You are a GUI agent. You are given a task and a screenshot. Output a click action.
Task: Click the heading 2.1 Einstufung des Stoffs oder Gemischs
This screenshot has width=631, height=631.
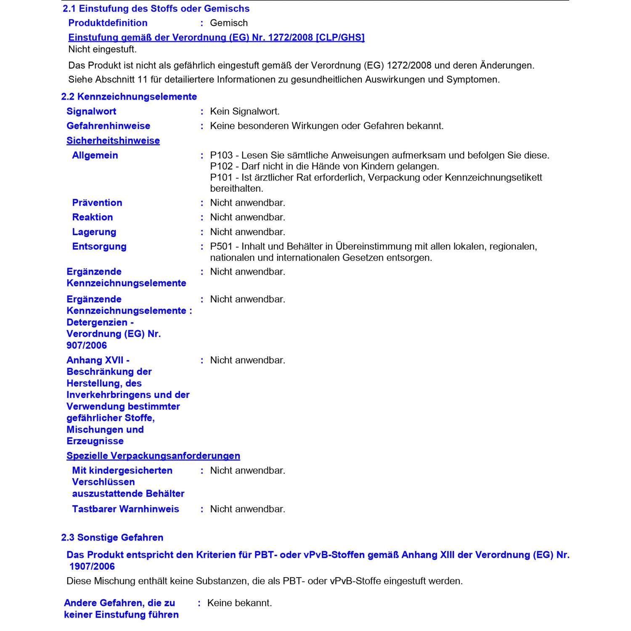156,8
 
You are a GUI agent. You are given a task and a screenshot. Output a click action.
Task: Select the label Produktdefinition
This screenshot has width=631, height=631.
108,23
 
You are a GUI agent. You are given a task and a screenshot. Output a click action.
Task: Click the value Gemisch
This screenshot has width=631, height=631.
229,23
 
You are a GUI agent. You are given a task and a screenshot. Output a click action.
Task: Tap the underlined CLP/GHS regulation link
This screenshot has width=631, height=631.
216,37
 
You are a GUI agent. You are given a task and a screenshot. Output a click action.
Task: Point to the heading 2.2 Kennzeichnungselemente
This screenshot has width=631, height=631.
129,97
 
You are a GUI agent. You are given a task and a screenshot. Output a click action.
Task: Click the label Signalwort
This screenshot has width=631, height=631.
91,111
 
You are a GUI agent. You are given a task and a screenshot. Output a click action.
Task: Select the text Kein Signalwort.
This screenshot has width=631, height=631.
245,111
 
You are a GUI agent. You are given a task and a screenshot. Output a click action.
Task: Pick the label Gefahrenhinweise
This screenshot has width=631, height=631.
108,126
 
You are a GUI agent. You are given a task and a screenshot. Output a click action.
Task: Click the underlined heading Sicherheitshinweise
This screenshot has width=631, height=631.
113,141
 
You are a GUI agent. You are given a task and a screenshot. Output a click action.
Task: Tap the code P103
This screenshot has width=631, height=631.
221,155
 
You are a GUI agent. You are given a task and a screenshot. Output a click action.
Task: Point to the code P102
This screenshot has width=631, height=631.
221,166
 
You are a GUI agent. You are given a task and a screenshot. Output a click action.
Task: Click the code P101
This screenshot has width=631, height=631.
221,178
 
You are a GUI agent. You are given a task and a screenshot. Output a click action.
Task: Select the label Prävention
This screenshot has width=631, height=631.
97,203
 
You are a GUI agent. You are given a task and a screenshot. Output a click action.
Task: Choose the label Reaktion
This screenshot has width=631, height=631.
93,217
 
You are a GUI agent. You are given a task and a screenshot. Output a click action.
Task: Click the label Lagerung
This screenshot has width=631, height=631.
94,232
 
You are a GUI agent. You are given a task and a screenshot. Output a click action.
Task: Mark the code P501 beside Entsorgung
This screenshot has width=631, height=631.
221,247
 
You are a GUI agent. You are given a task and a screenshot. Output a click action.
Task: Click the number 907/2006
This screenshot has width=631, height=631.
87,345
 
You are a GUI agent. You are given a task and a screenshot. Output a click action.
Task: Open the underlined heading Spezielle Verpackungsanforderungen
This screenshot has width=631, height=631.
153,456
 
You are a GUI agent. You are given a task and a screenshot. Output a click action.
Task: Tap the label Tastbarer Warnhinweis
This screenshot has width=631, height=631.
125,509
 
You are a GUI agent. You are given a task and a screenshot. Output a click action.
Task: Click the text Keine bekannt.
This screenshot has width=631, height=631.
239,603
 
